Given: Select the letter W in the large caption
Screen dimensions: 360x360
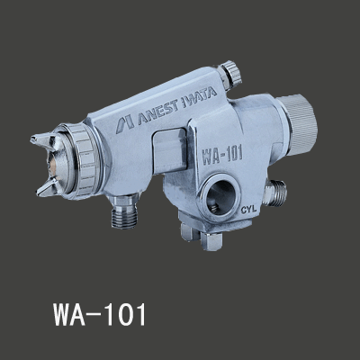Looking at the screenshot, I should coord(37,316).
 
